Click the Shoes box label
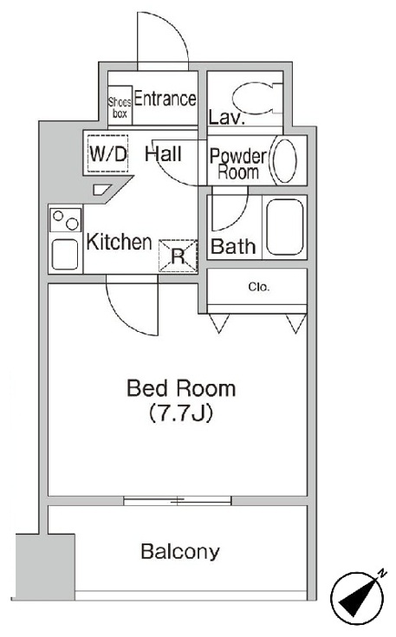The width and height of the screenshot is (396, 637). coord(120,107)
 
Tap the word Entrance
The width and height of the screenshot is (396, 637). coord(165,99)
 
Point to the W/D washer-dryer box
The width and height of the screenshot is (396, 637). coord(108,154)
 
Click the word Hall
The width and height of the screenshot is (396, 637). coord(163,154)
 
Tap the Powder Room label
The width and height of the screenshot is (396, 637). coord(238,164)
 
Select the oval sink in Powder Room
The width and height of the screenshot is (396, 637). coord(284,160)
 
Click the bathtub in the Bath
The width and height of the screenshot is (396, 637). coord(285,227)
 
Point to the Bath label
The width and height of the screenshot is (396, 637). coord(233,247)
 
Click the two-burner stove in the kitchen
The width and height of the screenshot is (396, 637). coord(65,220)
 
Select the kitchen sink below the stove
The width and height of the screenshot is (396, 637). coord(65,254)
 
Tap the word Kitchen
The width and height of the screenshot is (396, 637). coord(119,242)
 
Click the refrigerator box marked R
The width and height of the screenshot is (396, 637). coord(178,256)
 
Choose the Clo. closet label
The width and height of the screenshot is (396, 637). coord(259,287)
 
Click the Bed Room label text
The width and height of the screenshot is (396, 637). coord(181,388)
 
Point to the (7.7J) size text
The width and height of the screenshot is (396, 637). coord(181,413)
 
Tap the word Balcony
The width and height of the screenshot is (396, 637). coord(180,552)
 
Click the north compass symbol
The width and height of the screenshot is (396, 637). coord(357,596)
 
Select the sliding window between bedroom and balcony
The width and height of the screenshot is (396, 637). coord(178,501)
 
